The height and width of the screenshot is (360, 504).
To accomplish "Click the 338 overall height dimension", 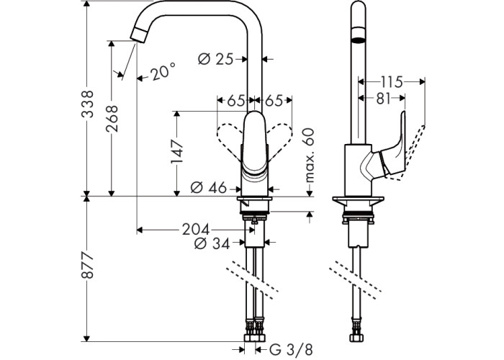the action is (87, 104).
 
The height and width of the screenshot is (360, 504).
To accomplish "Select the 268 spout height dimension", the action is (112, 118).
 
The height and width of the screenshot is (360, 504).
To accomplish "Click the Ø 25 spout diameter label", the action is (215, 59).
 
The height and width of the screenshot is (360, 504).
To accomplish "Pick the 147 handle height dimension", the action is (177, 151).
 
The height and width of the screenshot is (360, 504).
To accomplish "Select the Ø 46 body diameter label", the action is (208, 187).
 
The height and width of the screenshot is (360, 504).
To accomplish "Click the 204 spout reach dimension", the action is (196, 230).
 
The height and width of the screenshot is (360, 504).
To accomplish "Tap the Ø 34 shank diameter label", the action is (212, 244).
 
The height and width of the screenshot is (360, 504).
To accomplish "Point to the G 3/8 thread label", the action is (291, 350).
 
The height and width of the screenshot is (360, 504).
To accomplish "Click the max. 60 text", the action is (309, 156).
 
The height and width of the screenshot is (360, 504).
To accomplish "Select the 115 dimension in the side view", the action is (392, 82).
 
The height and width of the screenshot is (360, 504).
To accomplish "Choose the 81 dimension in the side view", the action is (383, 99).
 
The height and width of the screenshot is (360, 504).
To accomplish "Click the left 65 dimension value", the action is (236, 101).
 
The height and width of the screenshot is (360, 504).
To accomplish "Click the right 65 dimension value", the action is (273, 101).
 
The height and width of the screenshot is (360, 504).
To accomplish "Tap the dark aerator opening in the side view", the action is (359, 40).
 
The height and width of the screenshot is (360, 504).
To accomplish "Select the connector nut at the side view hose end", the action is (356, 338).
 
